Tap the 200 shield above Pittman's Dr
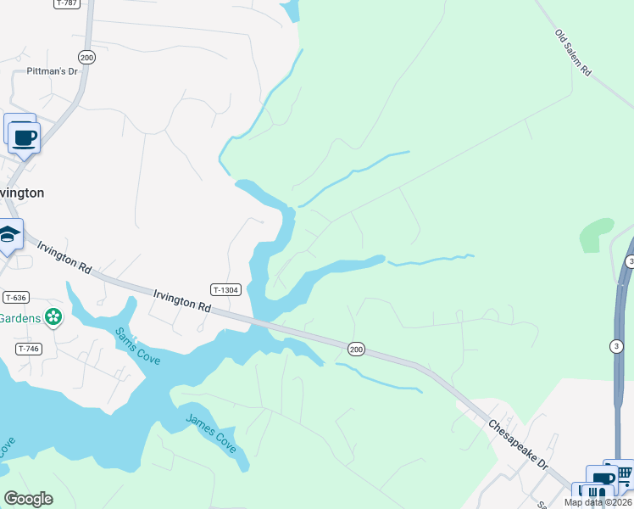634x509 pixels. (x=86, y=57)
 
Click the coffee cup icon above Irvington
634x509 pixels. (x=24, y=136)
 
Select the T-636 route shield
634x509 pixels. (x=16, y=297)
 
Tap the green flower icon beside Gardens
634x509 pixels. (x=54, y=317)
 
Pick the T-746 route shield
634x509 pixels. (x=28, y=349)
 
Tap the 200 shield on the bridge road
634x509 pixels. (x=356, y=348)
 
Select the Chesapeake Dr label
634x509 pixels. (x=519, y=443)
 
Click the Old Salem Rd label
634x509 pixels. (x=573, y=53)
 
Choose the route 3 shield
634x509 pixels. (x=616, y=345)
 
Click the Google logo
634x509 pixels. (x=28, y=499)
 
